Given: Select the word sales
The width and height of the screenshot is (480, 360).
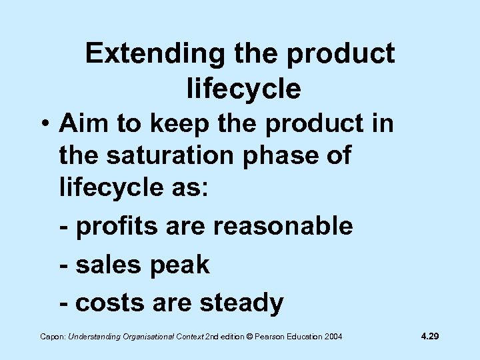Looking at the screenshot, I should point(107,265).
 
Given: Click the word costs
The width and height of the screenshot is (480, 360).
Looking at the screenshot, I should point(109,303).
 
